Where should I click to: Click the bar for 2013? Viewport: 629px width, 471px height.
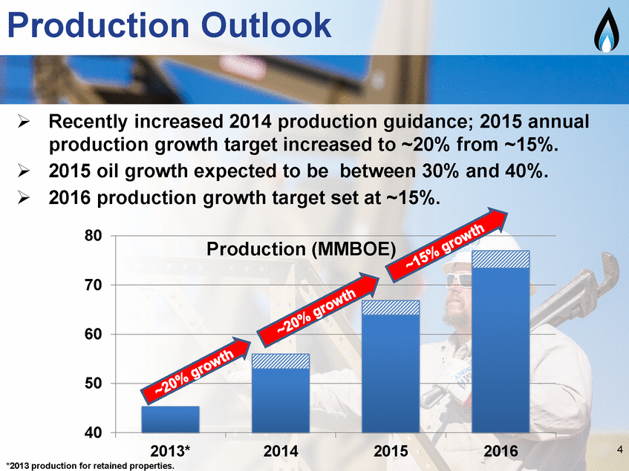coord(171,419)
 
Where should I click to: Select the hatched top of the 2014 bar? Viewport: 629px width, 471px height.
coord(281,361)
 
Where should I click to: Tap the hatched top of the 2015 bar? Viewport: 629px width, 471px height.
coord(391,308)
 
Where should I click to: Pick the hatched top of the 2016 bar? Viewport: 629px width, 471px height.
coord(501,259)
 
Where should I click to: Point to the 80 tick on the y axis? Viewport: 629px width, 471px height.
coord(94,236)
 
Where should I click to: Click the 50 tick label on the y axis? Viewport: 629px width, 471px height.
coord(94,383)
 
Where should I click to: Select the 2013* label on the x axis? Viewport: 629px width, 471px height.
coord(171,451)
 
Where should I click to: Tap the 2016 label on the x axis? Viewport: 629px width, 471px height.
coord(501,451)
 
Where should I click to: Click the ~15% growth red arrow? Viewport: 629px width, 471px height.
coord(446,245)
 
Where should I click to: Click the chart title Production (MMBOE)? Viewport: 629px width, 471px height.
coord(302,249)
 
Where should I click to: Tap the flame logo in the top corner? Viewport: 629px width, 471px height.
coord(606,30)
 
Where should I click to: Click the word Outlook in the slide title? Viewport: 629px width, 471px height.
coord(267,25)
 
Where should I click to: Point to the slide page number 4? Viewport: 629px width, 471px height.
coord(620,449)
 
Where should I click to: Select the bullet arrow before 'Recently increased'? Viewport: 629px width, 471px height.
coord(24,122)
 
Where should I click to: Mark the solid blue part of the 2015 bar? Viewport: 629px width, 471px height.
coord(391,374)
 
